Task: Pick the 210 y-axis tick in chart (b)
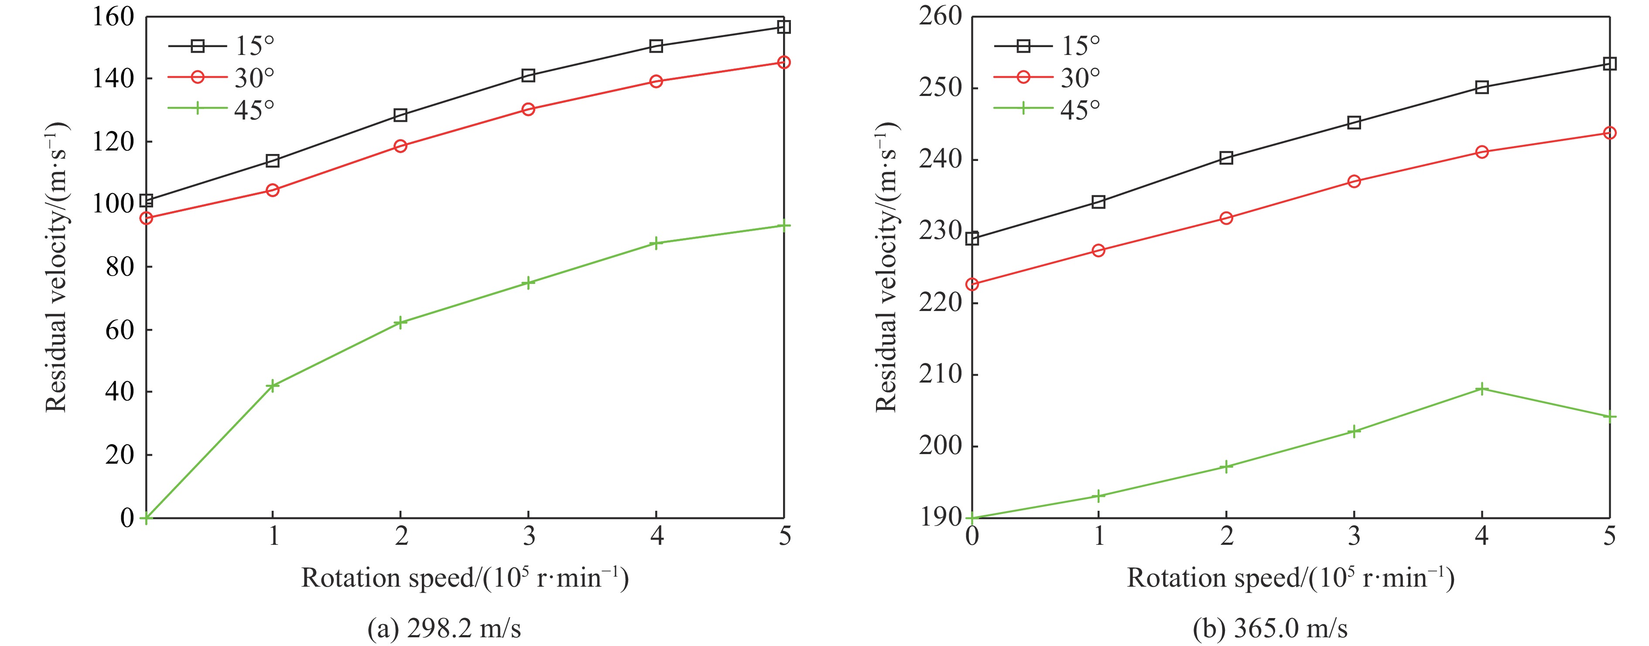click(941, 375)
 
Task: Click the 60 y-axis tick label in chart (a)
click(121, 330)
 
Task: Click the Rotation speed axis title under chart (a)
click(465, 578)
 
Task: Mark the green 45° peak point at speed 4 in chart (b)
click(1482, 389)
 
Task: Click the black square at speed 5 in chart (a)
click(783, 27)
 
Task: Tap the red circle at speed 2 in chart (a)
click(401, 146)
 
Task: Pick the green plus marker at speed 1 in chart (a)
click(273, 386)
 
